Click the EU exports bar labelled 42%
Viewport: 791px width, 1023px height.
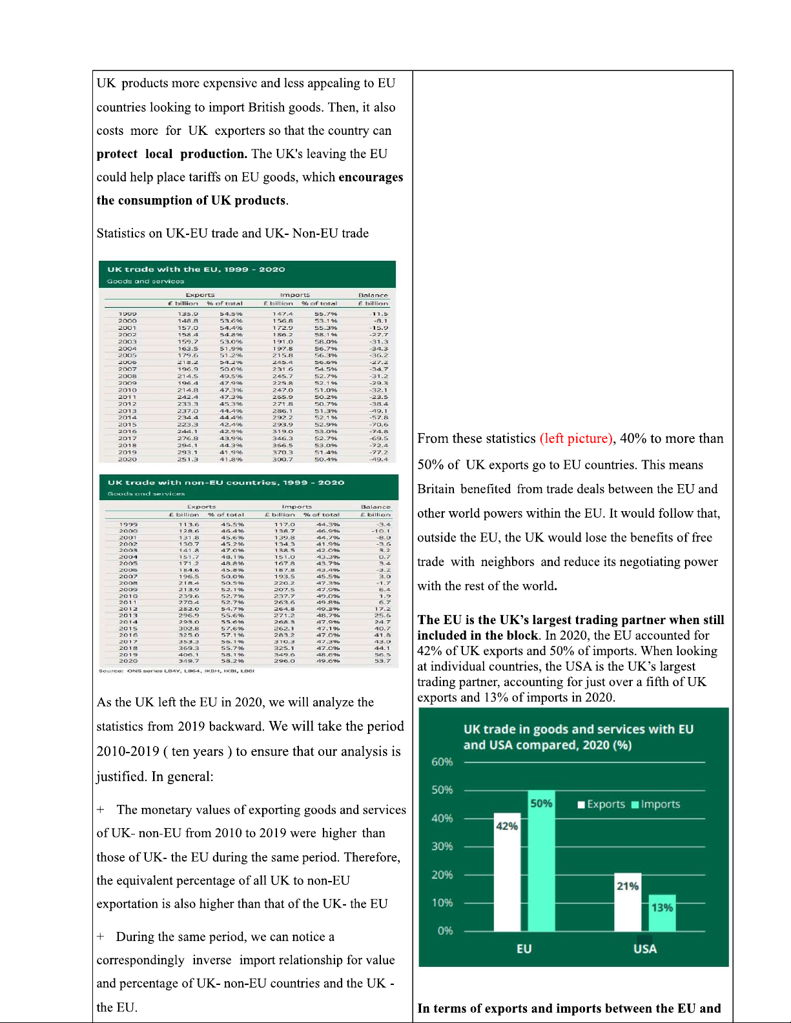coord(507,871)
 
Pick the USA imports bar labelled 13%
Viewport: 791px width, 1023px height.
coord(662,913)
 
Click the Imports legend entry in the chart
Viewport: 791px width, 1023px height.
coord(655,804)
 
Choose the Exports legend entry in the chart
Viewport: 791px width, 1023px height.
coord(601,804)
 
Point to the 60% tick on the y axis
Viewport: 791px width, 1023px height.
coord(442,762)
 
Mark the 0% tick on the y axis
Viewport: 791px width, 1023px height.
coord(445,931)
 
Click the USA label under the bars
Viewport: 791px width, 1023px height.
coord(644,949)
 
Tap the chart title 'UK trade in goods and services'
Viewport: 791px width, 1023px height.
coord(578,729)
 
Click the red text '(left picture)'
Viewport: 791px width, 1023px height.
coord(576,439)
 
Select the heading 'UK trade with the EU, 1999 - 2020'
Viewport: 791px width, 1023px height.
coord(196,270)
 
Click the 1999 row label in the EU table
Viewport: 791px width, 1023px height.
coord(127,314)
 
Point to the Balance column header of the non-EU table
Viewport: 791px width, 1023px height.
coord(375,507)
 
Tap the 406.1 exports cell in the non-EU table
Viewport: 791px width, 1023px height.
coord(189,654)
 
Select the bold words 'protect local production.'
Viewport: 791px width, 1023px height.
coord(172,154)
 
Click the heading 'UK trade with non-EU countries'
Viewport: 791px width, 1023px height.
coord(226,483)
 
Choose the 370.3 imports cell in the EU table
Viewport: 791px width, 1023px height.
coord(283,452)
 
